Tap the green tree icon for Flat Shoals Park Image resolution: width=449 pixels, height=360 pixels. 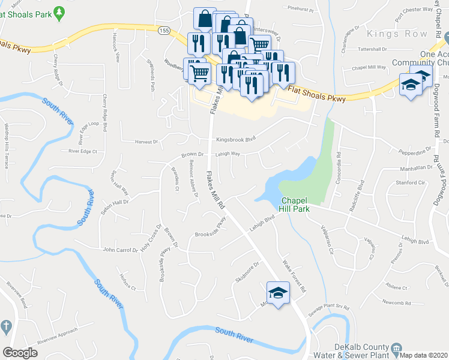click(59, 12)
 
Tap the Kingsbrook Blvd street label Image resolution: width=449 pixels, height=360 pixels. click(236, 139)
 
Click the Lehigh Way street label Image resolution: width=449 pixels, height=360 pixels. click(228, 154)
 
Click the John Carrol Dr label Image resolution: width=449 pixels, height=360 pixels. click(120, 249)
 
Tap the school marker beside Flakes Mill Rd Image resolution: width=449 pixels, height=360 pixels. click(278, 293)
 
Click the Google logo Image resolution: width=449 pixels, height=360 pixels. click(20, 353)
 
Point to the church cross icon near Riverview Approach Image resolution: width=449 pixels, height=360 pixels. click(6, 327)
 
